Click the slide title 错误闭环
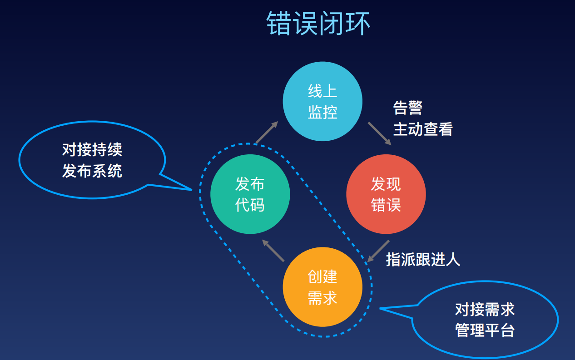coord(318,24)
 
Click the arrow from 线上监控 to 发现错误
coord(379,133)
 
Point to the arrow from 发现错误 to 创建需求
coord(378,251)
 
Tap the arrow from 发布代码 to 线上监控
coord(267,132)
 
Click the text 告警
coord(407,108)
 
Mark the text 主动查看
coord(423,129)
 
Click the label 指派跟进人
coord(423,259)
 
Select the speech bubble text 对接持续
coord(92,150)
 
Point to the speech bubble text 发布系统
coord(92,171)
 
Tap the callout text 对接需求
coord(485,309)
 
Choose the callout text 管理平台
coord(485,330)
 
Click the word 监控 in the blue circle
coord(322,112)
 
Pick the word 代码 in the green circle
coord(250,205)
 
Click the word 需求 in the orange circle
coord(322,298)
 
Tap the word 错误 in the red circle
coord(386,205)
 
